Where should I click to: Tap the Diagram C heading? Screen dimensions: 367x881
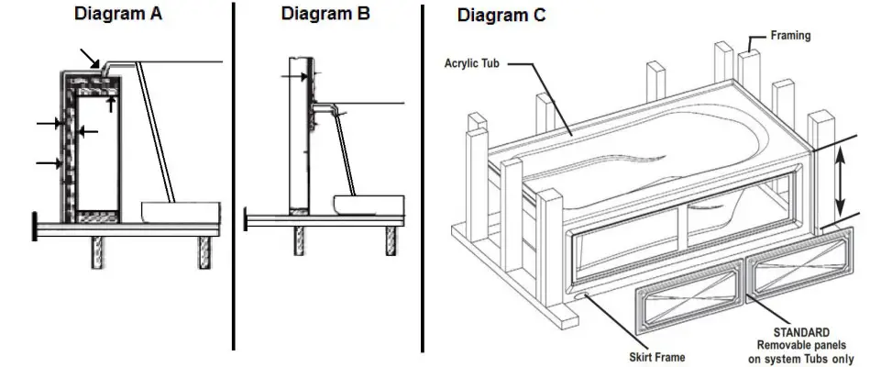point(502,15)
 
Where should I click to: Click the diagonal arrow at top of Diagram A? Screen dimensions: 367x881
point(92,58)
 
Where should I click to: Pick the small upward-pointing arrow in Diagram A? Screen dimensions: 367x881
point(111,104)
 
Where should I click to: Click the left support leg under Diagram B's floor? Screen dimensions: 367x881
point(298,241)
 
